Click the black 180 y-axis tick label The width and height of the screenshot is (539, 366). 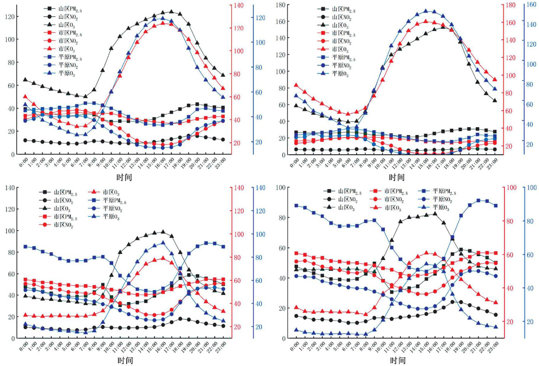285,5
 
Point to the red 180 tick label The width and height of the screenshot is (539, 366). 511,5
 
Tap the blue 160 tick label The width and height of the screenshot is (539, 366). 531,5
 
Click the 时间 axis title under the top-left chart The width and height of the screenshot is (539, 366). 124,177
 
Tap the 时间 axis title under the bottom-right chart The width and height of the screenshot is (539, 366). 397,360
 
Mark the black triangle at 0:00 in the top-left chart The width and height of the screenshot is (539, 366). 25,80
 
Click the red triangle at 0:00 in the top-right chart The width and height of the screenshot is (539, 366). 296,85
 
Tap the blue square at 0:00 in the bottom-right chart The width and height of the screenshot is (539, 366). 296,206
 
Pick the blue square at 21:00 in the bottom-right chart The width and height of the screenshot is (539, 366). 478,201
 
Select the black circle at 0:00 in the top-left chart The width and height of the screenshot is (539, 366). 25,140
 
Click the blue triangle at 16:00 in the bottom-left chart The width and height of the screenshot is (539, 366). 163,243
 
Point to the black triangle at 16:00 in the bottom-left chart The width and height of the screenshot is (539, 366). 163,232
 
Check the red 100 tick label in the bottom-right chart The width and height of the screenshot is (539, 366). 512,187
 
